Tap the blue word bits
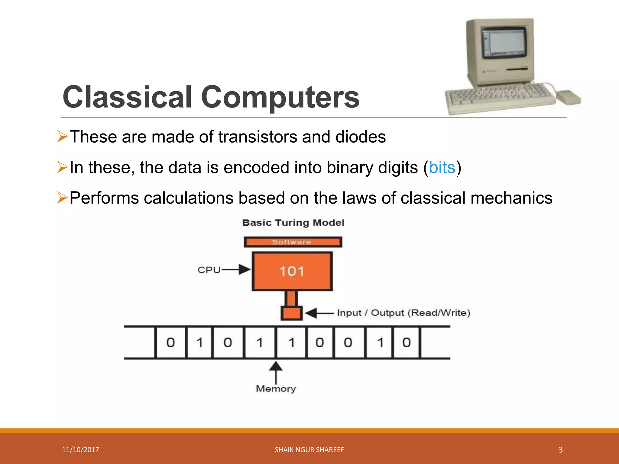pyautogui.click(x=442, y=167)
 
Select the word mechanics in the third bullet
pyautogui.click(x=511, y=198)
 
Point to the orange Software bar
pyautogui.click(x=293, y=242)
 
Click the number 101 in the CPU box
pyautogui.click(x=292, y=271)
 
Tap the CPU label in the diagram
pyautogui.click(x=209, y=270)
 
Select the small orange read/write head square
pyautogui.click(x=292, y=313)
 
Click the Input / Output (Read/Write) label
pyautogui.click(x=403, y=313)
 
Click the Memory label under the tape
pyautogui.click(x=276, y=388)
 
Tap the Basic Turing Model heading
pyautogui.click(x=293, y=223)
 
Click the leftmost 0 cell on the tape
pyautogui.click(x=170, y=342)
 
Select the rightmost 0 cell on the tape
pyautogui.click(x=406, y=342)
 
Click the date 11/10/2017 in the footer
pyautogui.click(x=80, y=449)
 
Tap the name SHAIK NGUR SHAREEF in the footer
pyautogui.click(x=309, y=449)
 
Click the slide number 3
pyautogui.click(x=560, y=449)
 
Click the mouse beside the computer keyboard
pyautogui.click(x=569, y=97)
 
